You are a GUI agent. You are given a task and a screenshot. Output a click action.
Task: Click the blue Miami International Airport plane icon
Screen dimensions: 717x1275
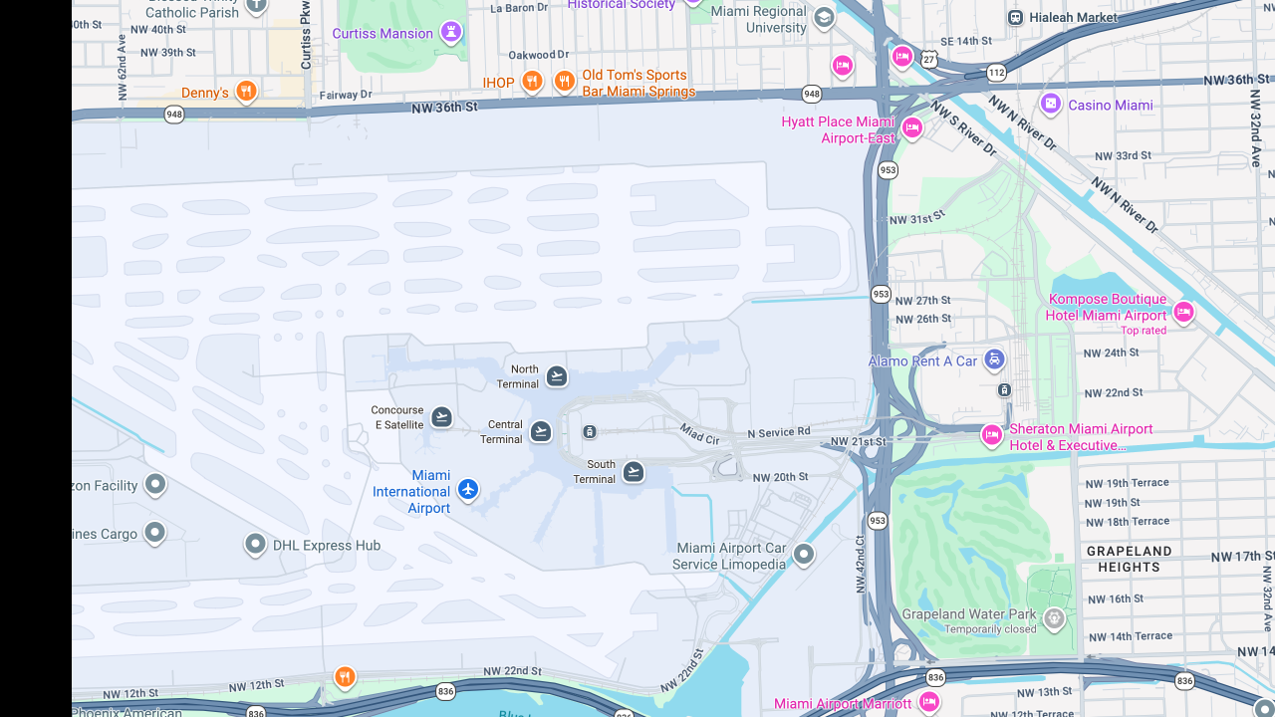point(468,489)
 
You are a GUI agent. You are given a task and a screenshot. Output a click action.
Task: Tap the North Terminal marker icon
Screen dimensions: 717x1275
point(557,375)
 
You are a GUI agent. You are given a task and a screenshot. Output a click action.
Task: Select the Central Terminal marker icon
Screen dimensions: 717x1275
point(541,431)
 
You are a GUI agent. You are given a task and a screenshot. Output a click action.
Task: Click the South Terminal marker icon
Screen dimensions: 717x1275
point(634,471)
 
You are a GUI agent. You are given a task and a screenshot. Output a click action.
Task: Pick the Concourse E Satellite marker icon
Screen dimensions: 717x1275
point(441,416)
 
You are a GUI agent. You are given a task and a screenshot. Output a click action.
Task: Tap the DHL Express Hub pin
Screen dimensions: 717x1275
point(255,544)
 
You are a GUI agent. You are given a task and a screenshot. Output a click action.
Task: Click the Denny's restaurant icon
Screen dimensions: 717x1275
point(246,92)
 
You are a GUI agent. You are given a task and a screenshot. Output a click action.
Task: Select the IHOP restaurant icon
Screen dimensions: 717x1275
point(532,82)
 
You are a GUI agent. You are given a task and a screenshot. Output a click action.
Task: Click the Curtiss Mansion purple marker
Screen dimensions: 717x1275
point(450,33)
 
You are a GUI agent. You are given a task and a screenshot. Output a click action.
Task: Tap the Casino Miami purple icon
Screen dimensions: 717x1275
point(1051,104)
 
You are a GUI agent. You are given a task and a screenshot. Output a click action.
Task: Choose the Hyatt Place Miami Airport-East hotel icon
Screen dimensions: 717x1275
point(911,127)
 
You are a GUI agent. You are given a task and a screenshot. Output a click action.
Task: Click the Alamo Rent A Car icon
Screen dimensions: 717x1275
point(993,359)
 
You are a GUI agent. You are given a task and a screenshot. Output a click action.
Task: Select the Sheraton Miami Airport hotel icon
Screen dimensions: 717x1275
point(991,435)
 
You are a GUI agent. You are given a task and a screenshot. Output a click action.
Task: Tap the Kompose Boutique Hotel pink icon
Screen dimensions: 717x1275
point(1183,312)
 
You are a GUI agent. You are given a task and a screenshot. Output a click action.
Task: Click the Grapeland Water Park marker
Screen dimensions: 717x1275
point(1054,619)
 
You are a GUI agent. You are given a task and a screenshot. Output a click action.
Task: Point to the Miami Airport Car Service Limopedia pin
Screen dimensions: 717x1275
point(804,554)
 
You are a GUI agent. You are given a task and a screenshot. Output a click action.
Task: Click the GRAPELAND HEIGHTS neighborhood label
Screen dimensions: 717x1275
point(1129,559)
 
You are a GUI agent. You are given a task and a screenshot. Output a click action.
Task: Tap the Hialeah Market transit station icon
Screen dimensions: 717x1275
point(1015,17)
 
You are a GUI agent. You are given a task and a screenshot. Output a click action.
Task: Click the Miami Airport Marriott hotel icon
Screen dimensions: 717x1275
point(928,702)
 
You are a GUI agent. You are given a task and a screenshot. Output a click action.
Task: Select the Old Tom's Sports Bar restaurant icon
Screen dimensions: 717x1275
point(565,82)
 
